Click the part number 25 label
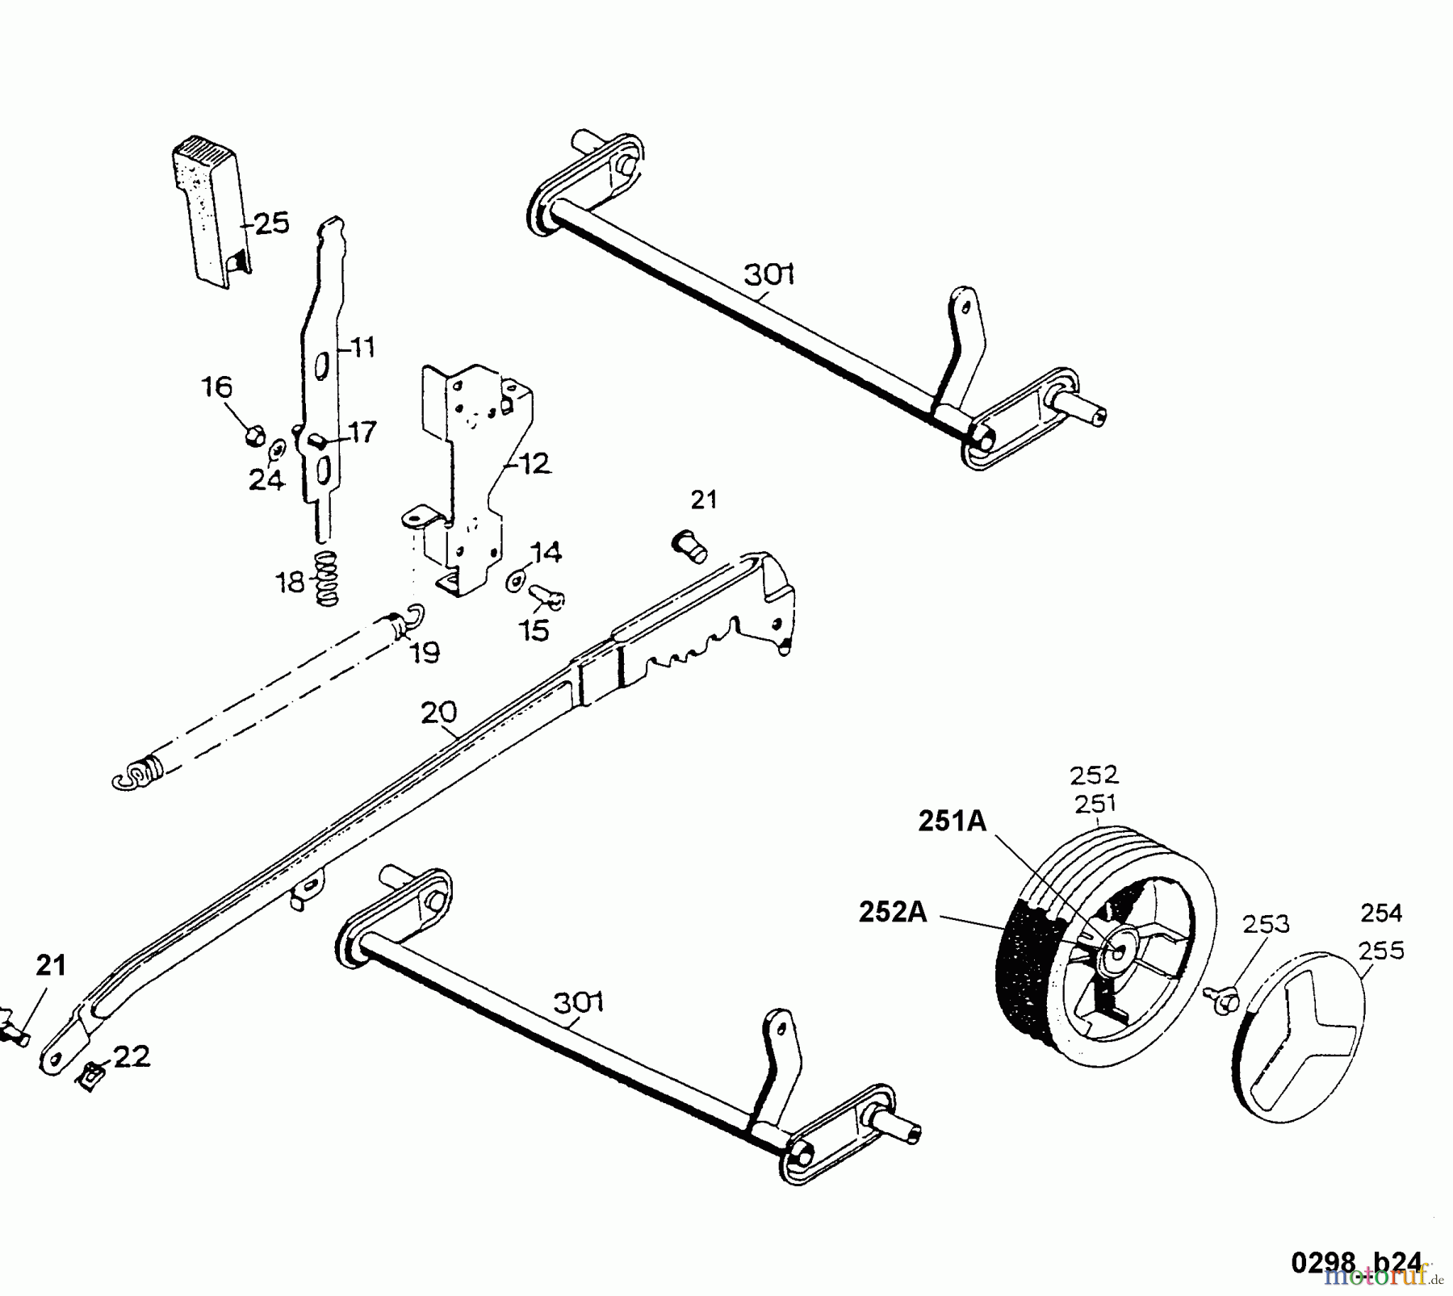(272, 224)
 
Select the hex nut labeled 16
(253, 436)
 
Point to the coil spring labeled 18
(326, 579)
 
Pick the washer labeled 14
(514, 580)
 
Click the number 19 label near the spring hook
(425, 652)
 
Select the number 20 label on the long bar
(438, 713)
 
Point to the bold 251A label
(953, 821)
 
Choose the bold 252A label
(892, 913)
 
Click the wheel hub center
(1118, 951)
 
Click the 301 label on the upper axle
(769, 275)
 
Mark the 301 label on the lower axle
(579, 1003)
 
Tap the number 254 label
(1381, 913)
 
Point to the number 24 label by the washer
(266, 481)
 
